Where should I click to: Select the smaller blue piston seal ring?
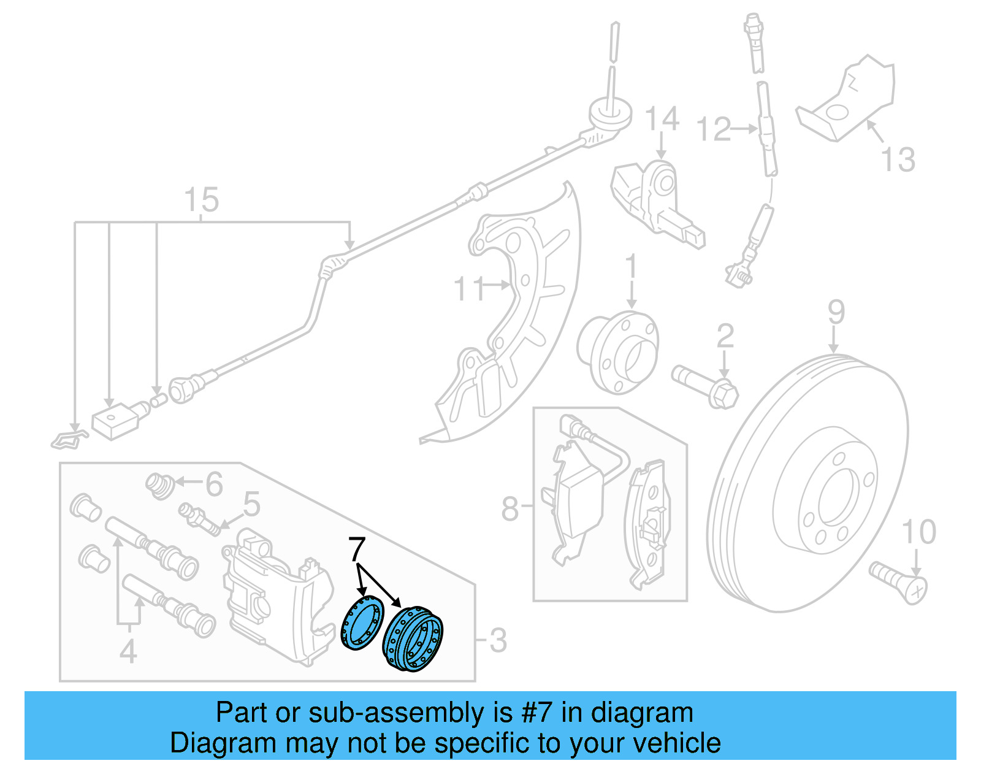(362, 623)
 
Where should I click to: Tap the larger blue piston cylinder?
(412, 638)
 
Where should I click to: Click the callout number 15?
(201, 200)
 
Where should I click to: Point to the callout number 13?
(898, 159)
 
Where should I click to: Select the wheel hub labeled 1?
(618, 352)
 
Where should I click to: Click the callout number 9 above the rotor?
(836, 313)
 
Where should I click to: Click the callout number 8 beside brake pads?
(510, 508)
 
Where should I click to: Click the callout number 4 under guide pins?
(128, 651)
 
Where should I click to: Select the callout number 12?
(714, 129)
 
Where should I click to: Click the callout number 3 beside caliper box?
(498, 641)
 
